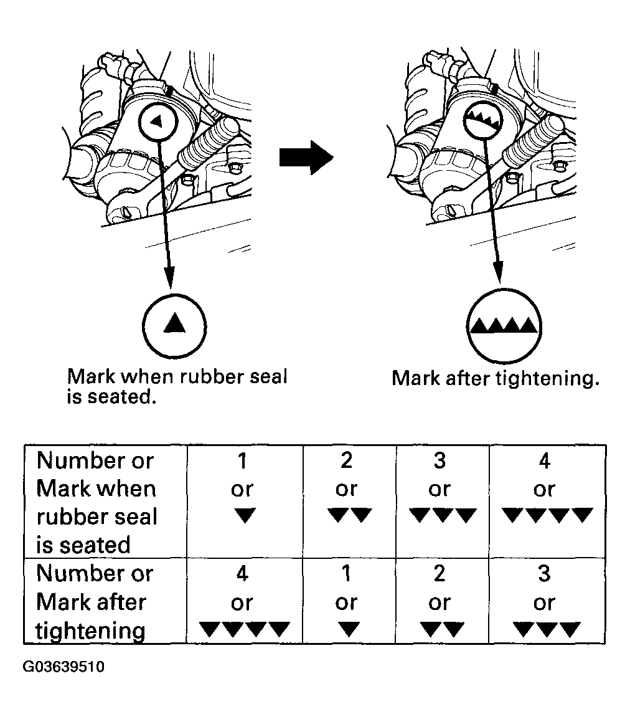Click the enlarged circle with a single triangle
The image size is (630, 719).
[x=174, y=324]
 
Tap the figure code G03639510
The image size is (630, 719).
[x=63, y=668]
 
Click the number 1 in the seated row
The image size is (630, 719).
[x=243, y=461]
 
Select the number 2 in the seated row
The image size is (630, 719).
[x=347, y=461]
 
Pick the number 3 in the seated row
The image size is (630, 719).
[x=440, y=461]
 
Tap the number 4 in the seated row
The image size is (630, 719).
[x=544, y=461]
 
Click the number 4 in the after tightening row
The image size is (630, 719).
[x=243, y=574]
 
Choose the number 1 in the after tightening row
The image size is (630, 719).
[x=347, y=574]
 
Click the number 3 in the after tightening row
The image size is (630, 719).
[x=544, y=574]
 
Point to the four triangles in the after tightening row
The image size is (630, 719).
[x=244, y=629]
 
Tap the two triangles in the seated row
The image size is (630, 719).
[x=349, y=516]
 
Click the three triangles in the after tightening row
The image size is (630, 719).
[x=547, y=629]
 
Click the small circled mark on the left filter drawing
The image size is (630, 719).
[x=157, y=121]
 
